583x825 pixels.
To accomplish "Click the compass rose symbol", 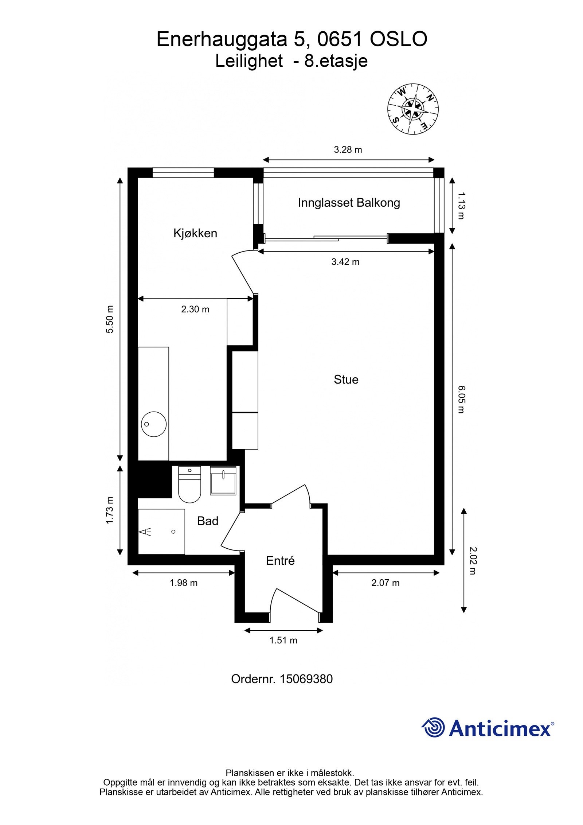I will pos(412,109).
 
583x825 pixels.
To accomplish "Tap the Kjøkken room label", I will pos(195,233).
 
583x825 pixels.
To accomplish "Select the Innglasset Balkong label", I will pos(349,203).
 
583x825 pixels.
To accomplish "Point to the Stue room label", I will pos(346,380).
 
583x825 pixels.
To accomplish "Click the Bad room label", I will pos(207,521).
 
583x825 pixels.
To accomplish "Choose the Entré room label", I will pos(280,560).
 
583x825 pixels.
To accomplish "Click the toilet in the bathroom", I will pos(189,485).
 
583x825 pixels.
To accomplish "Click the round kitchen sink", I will pos(153,424).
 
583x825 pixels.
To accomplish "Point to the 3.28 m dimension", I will pos(348,150).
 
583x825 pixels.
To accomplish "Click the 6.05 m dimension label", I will pos(461,399).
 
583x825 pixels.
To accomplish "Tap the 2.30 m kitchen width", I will pos(195,309).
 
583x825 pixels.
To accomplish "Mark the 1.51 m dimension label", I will pos(283,640).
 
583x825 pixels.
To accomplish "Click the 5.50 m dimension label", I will pos(110,319).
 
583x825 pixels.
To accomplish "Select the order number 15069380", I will pos(306,679).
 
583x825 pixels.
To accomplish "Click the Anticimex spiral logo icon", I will pos(433,727).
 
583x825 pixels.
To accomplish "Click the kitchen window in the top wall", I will pos(183,172).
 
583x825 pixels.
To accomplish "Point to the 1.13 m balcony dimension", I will pos(461,206).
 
